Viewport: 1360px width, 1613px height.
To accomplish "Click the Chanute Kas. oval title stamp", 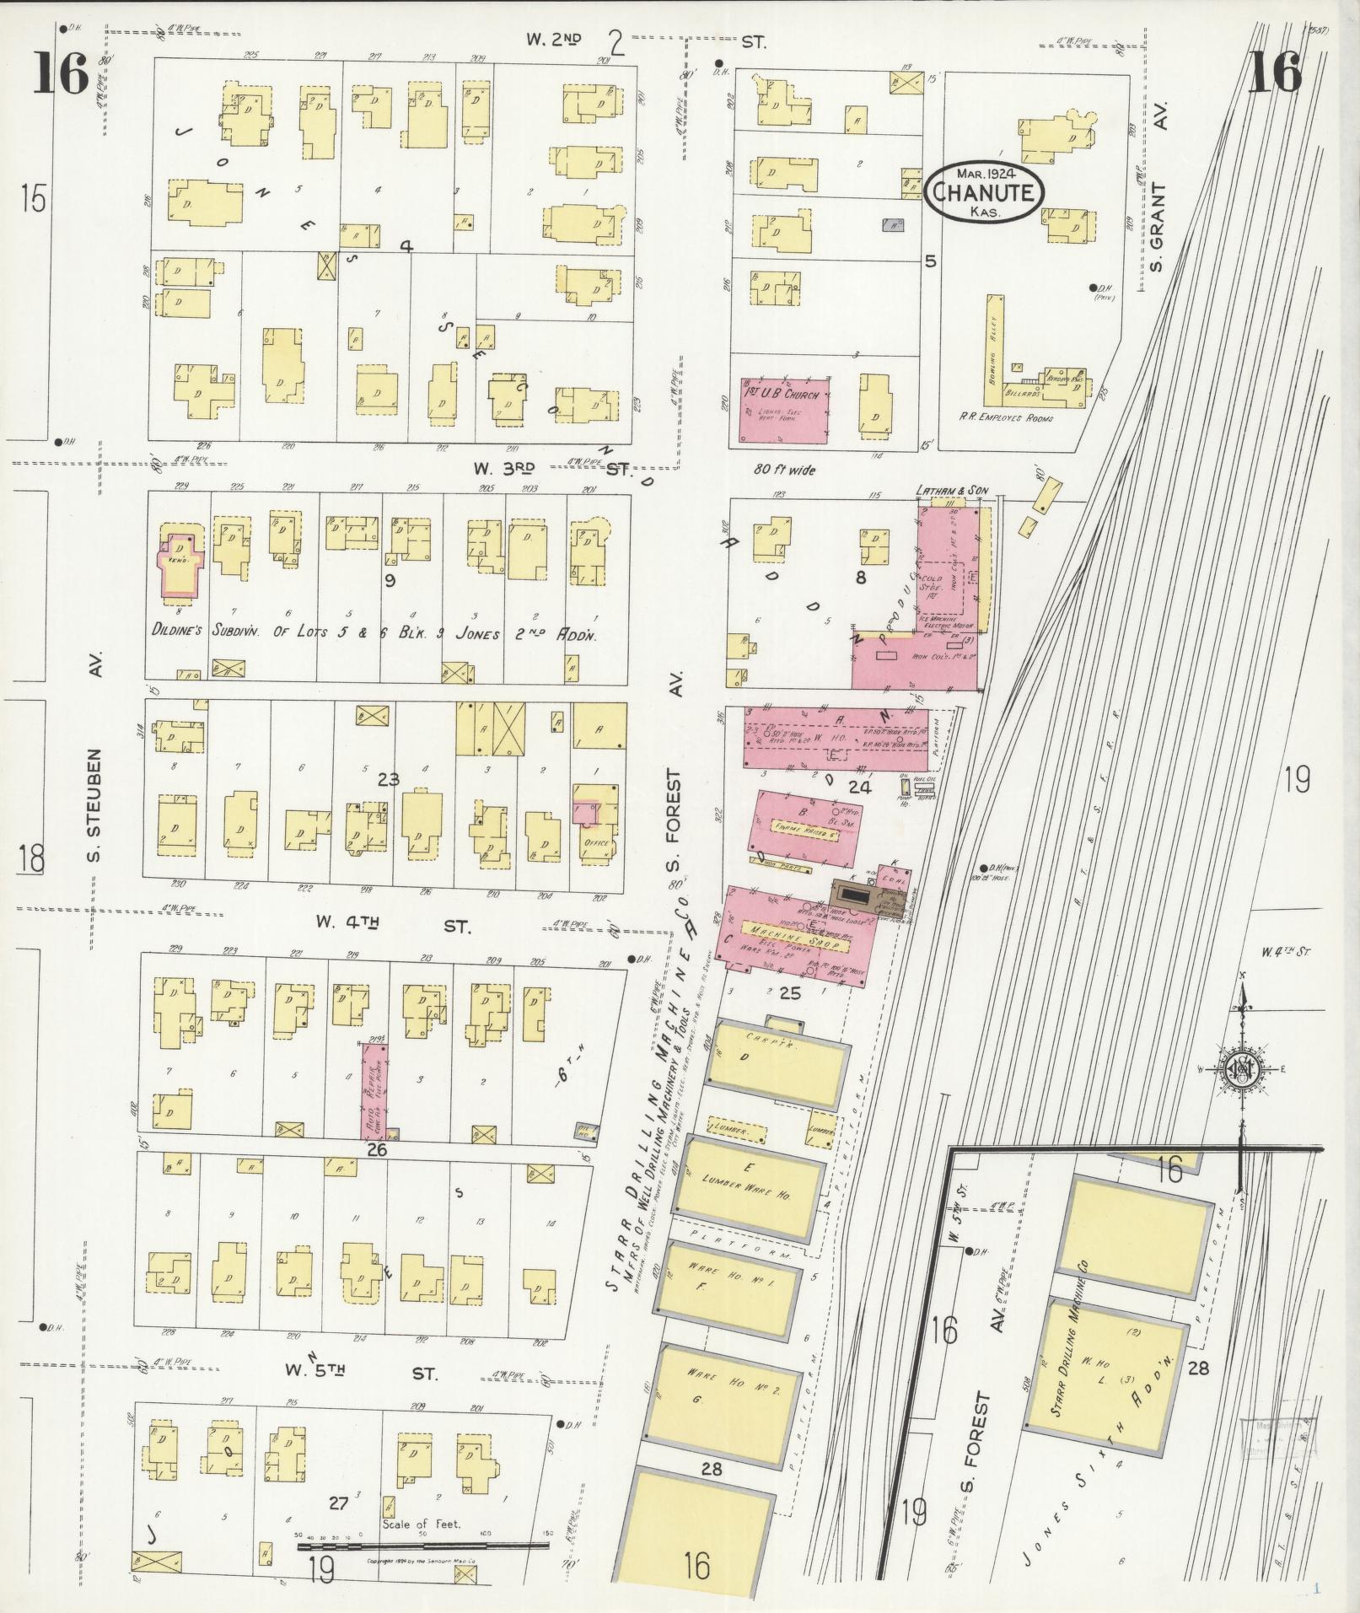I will point(984,192).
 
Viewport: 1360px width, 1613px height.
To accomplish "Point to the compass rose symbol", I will point(1241,1070).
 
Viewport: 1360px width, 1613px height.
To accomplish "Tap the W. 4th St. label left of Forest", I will point(392,926).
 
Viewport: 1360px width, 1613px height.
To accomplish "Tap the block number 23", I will point(388,779).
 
